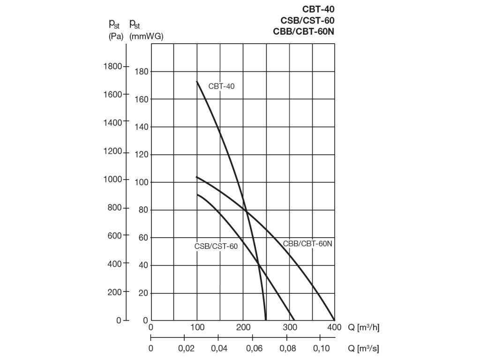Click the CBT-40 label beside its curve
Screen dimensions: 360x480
coord(221,86)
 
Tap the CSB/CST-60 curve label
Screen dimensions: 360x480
coord(216,246)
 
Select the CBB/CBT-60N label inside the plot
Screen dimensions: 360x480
coord(307,244)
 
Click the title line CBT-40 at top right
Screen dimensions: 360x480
coord(318,8)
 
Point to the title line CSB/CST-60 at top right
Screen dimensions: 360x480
coord(307,20)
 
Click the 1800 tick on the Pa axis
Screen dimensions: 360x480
coord(112,67)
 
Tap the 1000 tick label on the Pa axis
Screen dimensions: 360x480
coord(112,180)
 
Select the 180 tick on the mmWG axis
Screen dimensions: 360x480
coord(142,71)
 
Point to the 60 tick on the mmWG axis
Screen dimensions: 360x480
coord(143,238)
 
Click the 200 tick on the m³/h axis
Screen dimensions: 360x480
coord(243,328)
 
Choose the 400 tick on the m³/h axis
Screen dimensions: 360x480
coord(334,328)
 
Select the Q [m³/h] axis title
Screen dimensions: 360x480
coord(363,328)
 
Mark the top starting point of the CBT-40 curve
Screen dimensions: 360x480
coord(197,82)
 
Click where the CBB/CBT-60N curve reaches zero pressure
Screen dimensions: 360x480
coord(334,320)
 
